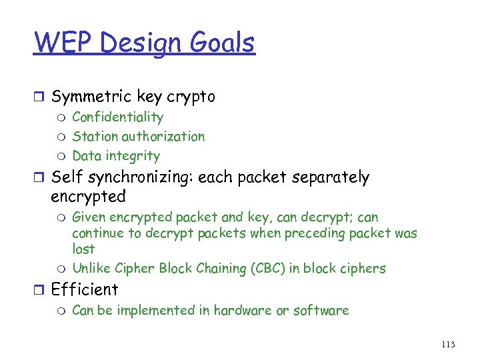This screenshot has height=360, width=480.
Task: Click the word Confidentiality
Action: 117,117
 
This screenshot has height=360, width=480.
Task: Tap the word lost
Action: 83,249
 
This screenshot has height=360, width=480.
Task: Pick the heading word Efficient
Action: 85,290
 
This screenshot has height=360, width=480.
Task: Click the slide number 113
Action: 448,344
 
